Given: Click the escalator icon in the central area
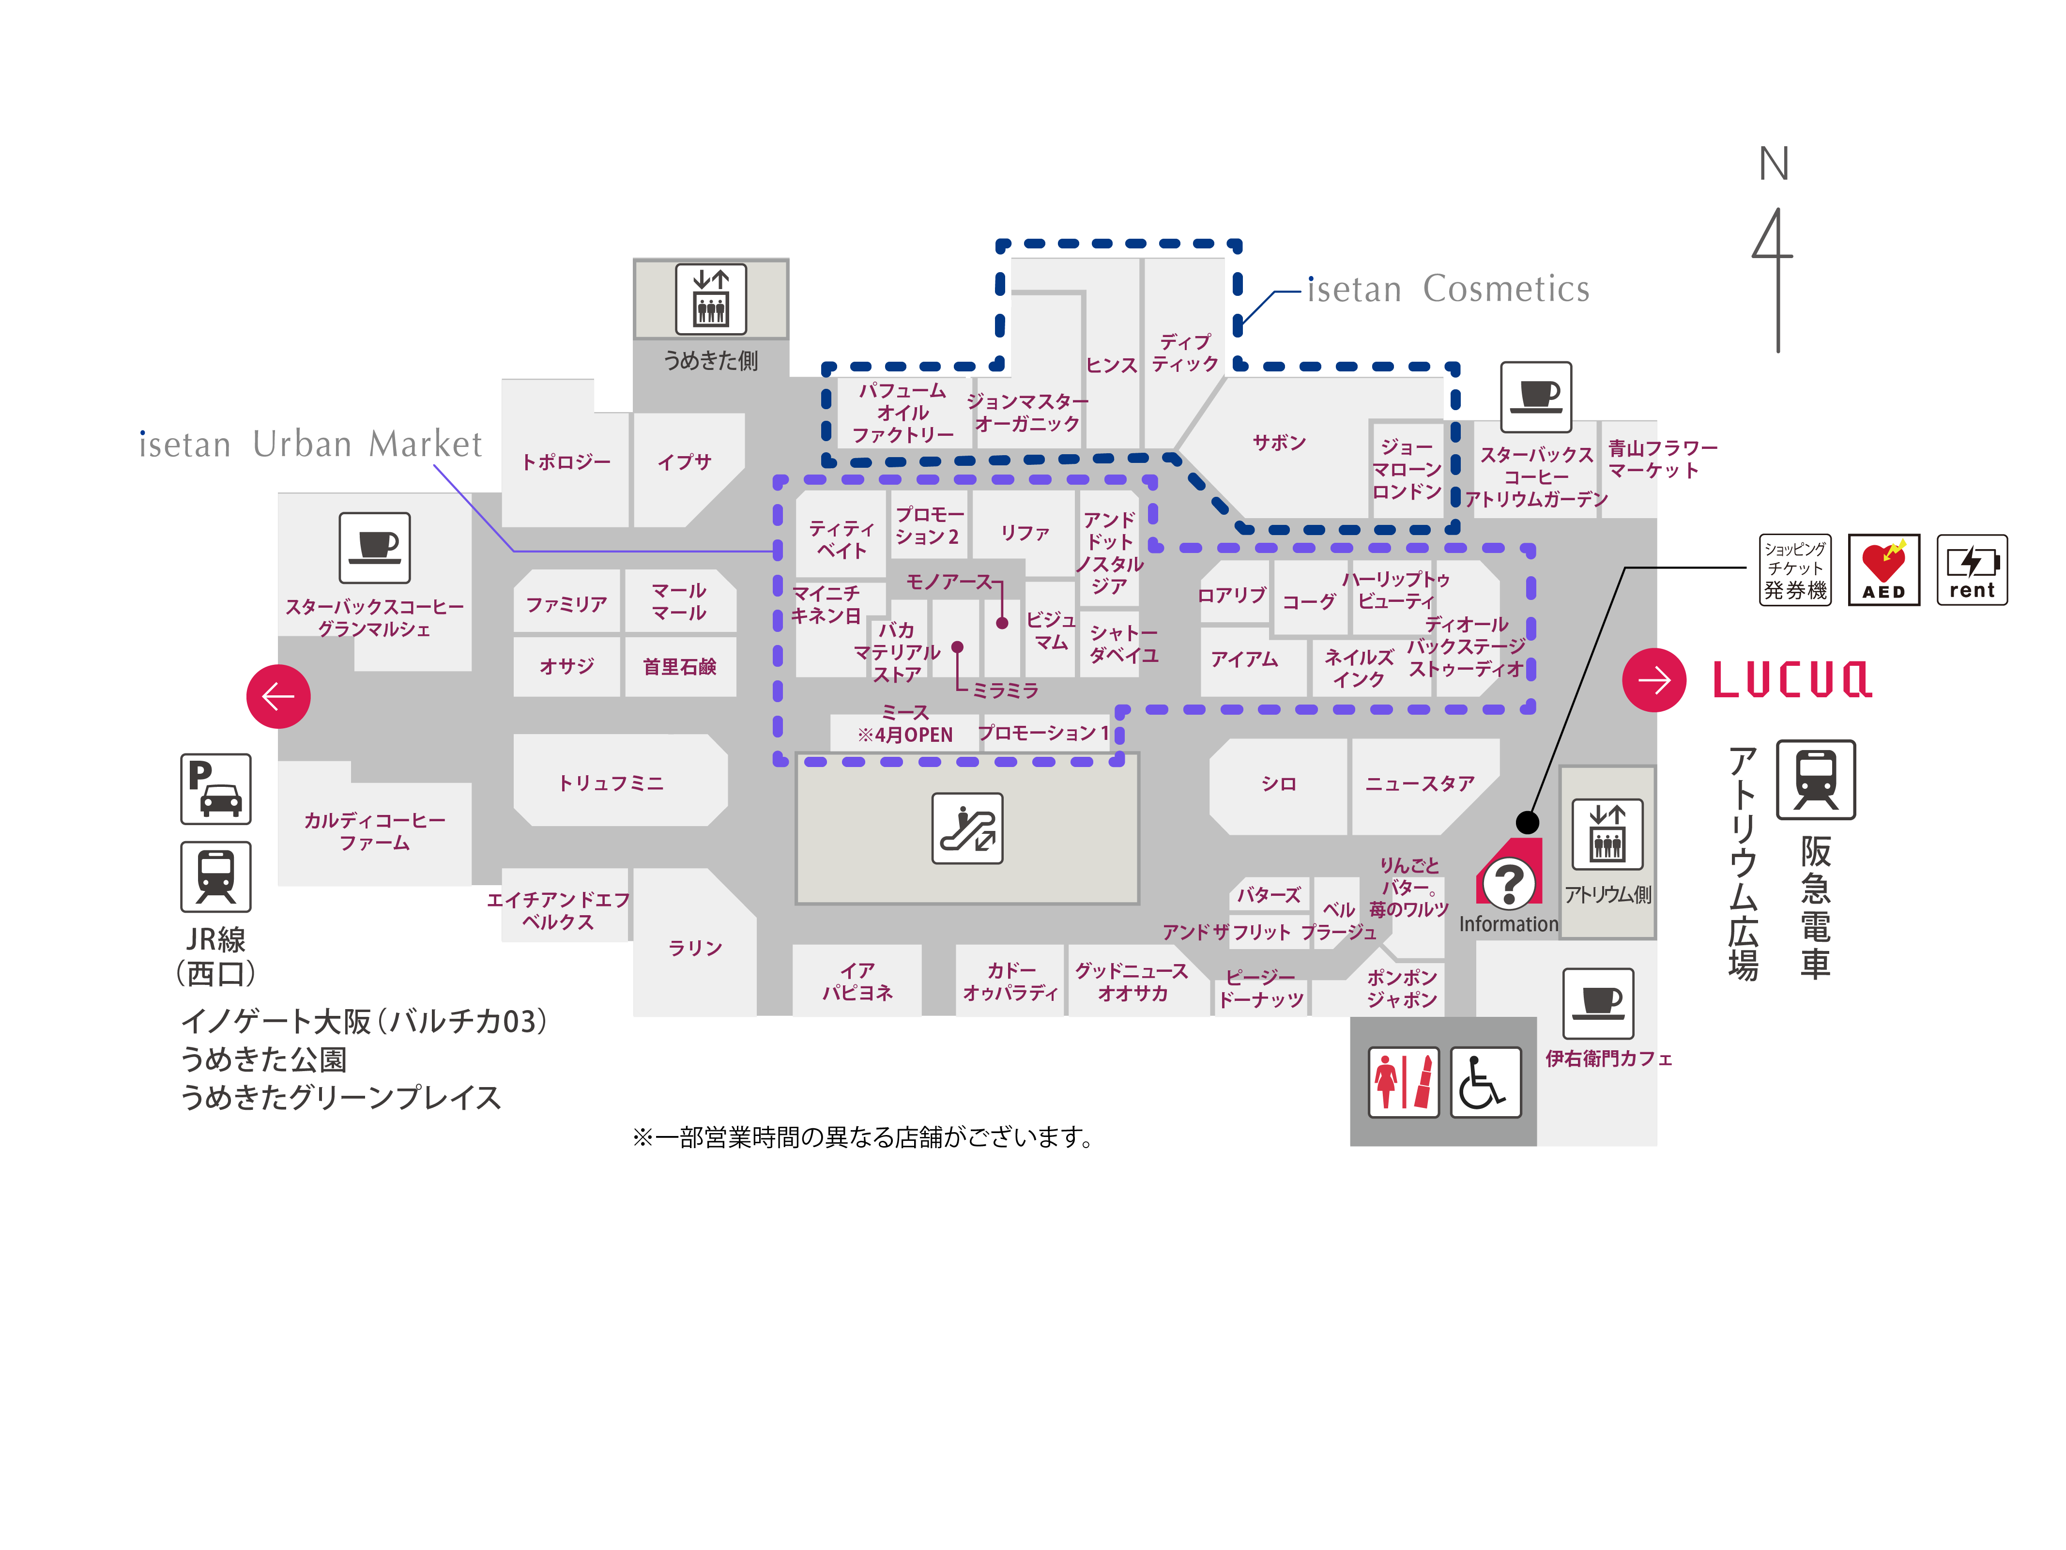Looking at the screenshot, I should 967,828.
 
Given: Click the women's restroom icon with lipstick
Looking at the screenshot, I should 1403,1082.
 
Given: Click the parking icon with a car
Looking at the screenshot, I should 216,788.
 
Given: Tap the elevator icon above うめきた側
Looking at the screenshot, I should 711,299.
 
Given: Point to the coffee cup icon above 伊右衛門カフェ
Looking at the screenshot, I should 1598,1002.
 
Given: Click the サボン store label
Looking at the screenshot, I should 1279,443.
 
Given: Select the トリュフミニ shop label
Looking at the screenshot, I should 611,783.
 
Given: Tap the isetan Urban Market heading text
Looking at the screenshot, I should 310,445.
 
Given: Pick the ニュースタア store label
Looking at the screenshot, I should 1420,784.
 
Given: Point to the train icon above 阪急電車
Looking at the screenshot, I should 1815,779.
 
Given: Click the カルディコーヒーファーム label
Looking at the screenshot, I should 375,830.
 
